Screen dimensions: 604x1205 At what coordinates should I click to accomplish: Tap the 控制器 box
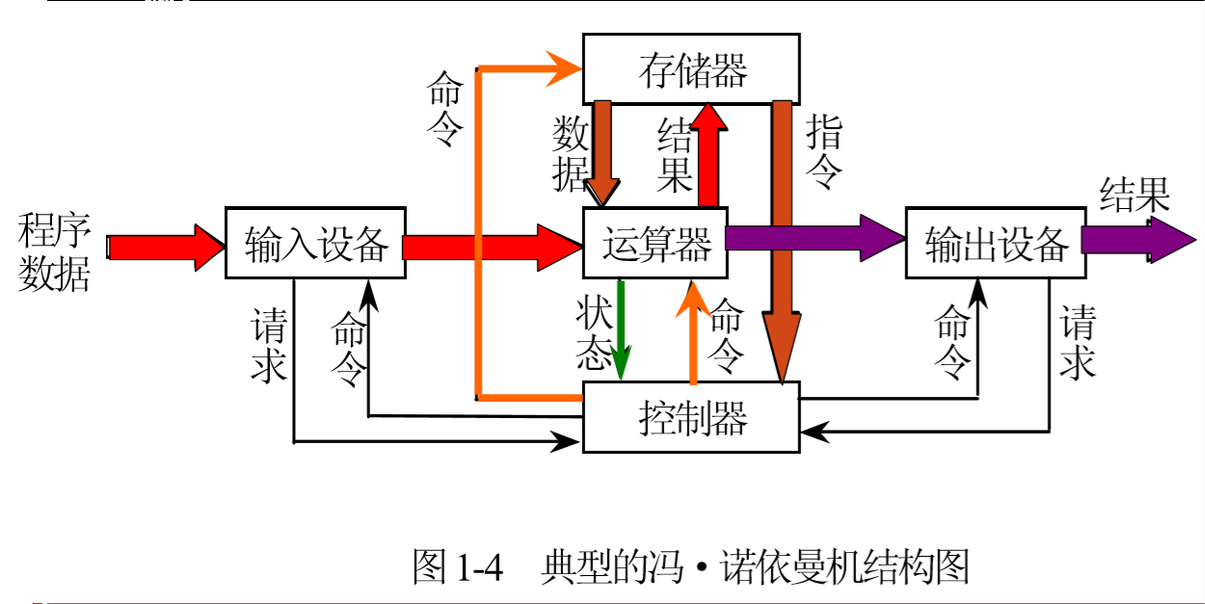[x=691, y=417]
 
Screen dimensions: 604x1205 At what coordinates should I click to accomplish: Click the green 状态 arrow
[x=622, y=328]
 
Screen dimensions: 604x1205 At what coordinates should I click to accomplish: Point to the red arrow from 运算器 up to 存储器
[x=710, y=154]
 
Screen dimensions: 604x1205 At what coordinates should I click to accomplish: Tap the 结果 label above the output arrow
[x=1135, y=196]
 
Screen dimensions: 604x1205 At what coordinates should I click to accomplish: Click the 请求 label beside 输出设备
[x=1078, y=344]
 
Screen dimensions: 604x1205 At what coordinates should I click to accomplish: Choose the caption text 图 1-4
[x=458, y=566]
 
